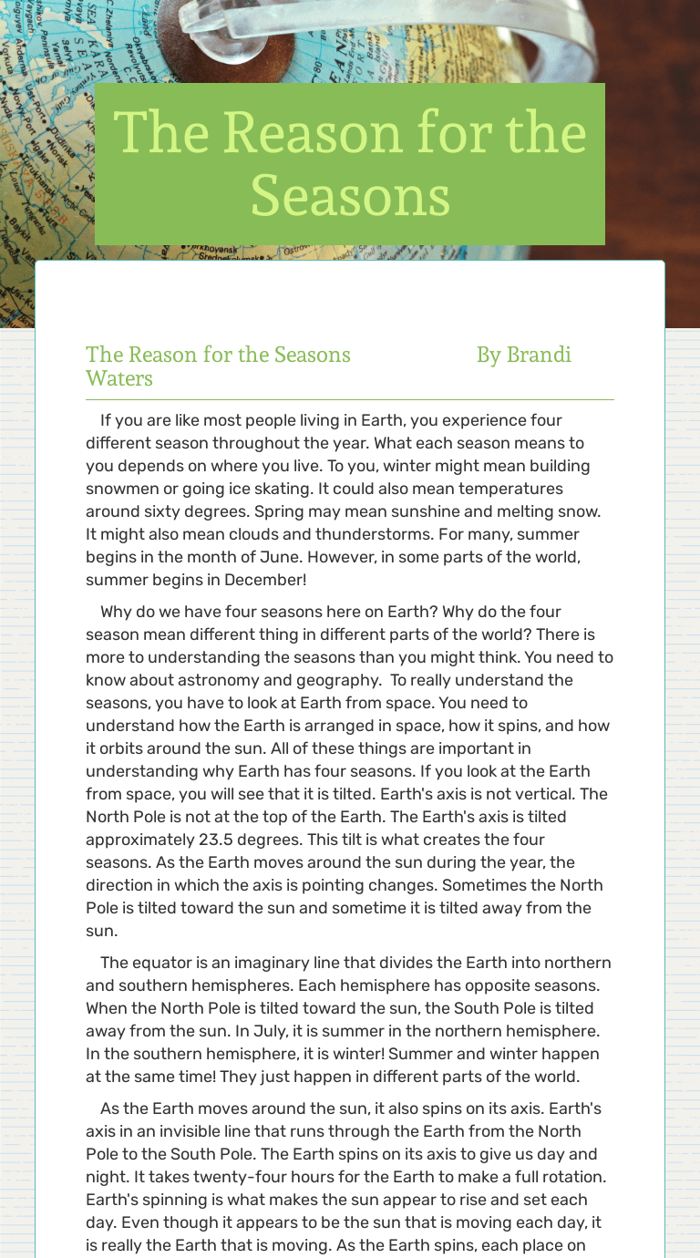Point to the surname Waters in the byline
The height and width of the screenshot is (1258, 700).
click(x=119, y=378)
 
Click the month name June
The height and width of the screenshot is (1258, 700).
click(x=300, y=557)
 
